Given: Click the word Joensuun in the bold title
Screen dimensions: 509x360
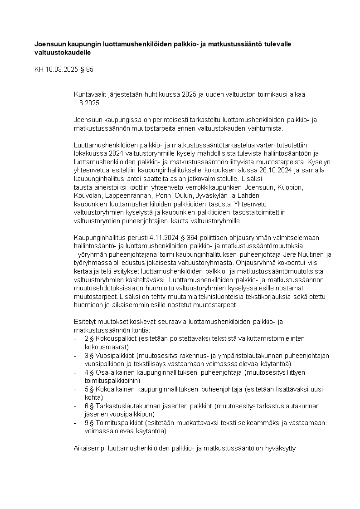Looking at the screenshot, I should pyautogui.click(x=50, y=44).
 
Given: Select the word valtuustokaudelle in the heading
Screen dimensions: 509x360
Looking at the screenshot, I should pyautogui.click(x=63, y=53).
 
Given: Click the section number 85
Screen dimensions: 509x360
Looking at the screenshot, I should pyautogui.click(x=89, y=69).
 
